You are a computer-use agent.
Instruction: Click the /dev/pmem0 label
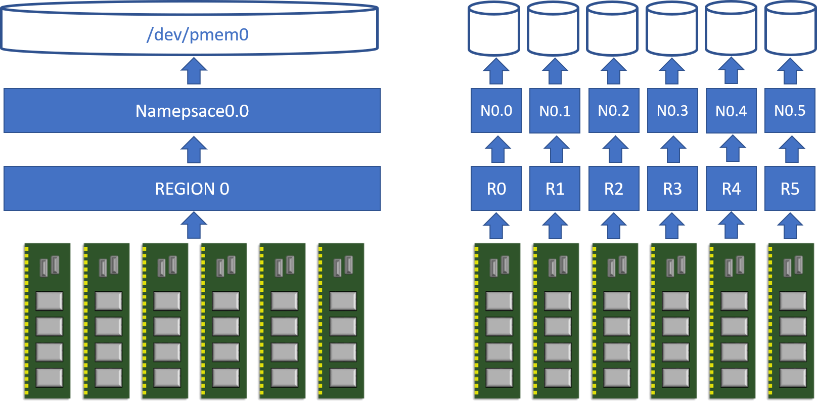(x=197, y=34)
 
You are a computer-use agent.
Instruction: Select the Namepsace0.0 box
(x=192, y=111)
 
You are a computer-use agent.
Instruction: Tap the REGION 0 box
(x=192, y=189)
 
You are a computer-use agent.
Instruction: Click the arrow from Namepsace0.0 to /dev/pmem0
(x=194, y=71)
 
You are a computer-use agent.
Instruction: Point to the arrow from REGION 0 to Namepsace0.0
(x=194, y=150)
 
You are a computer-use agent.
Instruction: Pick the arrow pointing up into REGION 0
(x=194, y=225)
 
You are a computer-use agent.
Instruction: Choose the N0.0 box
(x=496, y=111)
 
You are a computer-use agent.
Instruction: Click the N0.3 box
(x=672, y=111)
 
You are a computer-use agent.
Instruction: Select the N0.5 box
(x=790, y=111)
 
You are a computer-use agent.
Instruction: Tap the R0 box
(x=496, y=189)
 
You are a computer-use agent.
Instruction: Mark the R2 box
(x=614, y=189)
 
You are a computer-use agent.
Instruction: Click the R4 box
(x=731, y=189)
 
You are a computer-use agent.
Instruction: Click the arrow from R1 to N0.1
(x=556, y=149)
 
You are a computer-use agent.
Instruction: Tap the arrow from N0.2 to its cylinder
(x=614, y=71)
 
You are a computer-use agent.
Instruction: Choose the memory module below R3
(x=672, y=321)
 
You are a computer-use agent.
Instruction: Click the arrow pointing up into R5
(x=790, y=226)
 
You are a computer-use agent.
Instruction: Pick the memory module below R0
(x=496, y=321)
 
